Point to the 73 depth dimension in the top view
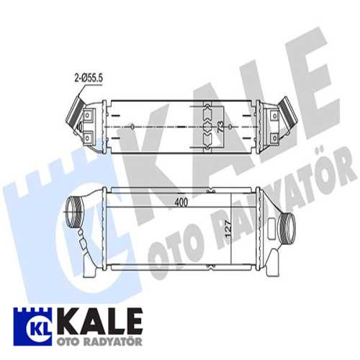tap(220, 127)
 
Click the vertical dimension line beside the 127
tap(230, 230)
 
